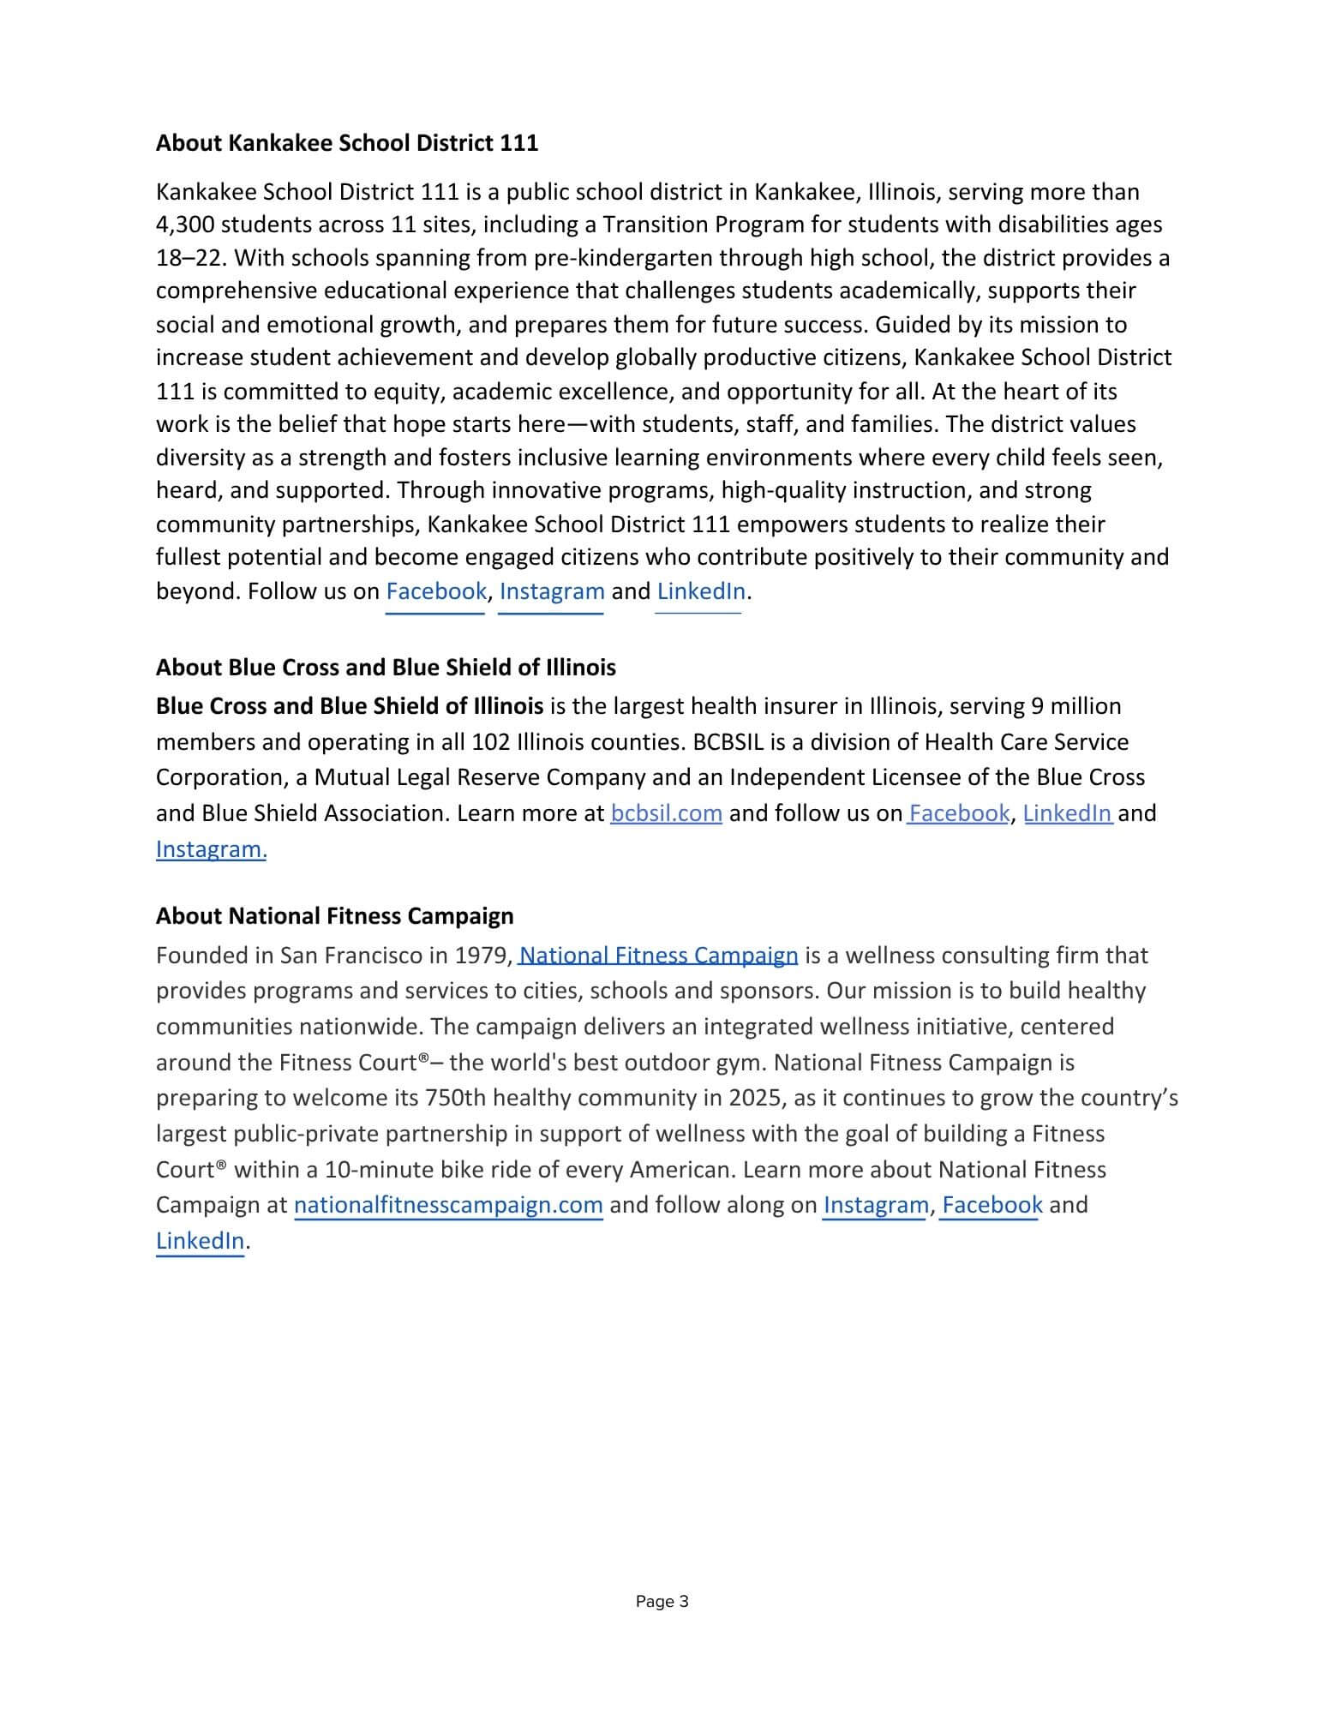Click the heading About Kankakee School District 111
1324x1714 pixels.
pyautogui.click(x=346, y=143)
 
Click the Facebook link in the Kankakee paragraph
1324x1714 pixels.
pyautogui.click(x=435, y=591)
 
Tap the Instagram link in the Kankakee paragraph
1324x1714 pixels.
pyautogui.click(x=551, y=591)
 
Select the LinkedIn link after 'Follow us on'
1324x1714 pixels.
pyautogui.click(x=700, y=591)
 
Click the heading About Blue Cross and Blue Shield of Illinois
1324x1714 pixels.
pyautogui.click(x=386, y=668)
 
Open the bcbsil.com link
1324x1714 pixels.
pyautogui.click(x=666, y=813)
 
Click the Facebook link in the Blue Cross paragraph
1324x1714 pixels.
pyautogui.click(x=959, y=813)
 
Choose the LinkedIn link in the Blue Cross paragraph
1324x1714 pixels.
pyautogui.click(x=1067, y=813)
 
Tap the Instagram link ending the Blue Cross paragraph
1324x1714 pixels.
pyautogui.click(x=211, y=849)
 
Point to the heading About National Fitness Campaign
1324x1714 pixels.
pyautogui.click(x=334, y=916)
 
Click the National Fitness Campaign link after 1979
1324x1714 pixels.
pyautogui.click(x=658, y=956)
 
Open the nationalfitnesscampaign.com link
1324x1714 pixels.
pyautogui.click(x=448, y=1205)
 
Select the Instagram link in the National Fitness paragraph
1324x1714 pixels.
pyautogui.click(x=875, y=1205)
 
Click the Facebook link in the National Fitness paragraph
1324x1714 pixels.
pyautogui.click(x=992, y=1205)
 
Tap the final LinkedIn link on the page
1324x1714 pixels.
pyautogui.click(x=200, y=1241)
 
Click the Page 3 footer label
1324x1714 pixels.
pyautogui.click(x=662, y=1602)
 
